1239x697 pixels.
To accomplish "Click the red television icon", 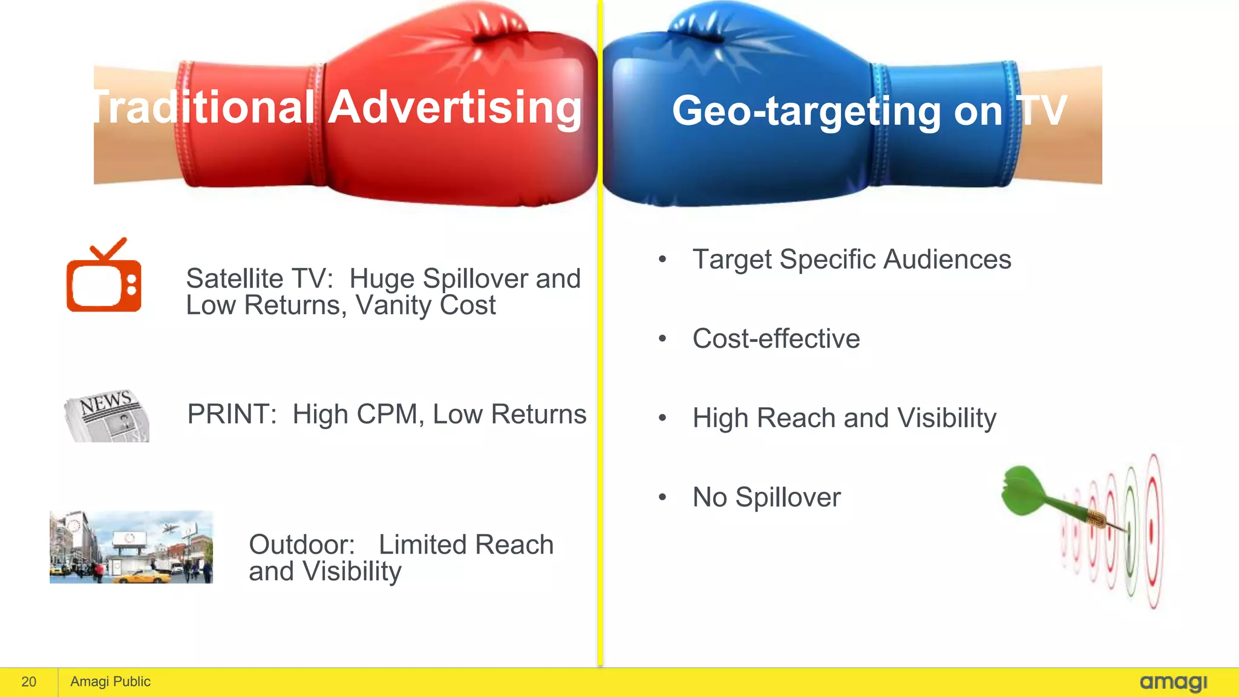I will click(x=104, y=277).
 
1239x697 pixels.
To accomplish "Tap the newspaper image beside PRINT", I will click(x=107, y=416).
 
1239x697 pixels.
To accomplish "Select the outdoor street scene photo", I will click(x=131, y=547).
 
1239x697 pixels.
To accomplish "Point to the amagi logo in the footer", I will click(x=1173, y=682).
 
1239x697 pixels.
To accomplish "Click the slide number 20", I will click(x=29, y=682).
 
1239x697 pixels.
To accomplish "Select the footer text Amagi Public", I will click(x=110, y=682).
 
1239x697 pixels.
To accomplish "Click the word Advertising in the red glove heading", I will click(x=455, y=108).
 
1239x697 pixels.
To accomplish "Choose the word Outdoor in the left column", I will click(x=301, y=545).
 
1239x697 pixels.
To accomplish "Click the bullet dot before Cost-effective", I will click(x=662, y=339).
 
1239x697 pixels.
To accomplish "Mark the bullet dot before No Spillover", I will click(x=662, y=497).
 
